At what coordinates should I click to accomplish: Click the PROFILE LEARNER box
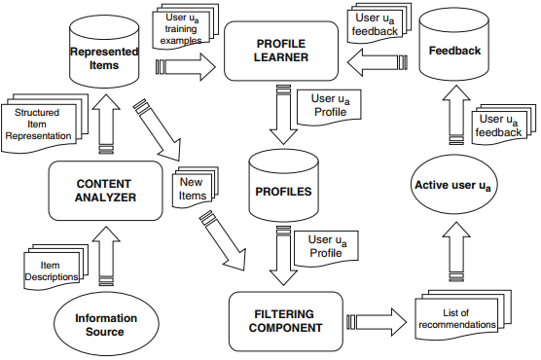281,52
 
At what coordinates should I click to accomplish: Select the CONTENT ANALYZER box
105,191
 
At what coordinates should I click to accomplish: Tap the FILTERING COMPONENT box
286,321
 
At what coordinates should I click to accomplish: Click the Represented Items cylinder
104,52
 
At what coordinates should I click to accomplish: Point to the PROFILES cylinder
283,185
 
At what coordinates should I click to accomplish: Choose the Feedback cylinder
454,45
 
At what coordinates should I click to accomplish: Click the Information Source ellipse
106,324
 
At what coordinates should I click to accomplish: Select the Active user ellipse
454,185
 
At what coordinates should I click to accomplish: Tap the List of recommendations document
462,315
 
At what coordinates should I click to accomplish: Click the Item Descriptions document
55,267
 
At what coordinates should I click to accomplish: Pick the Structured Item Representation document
44,123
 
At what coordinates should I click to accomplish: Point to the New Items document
195,188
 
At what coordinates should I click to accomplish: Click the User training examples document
185,27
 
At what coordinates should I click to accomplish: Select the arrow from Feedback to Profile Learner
378,62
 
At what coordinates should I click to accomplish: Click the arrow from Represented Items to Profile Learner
186,66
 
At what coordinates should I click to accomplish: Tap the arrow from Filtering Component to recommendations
377,322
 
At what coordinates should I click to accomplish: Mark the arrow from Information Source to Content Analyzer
106,256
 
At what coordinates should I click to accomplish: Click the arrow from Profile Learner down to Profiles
283,114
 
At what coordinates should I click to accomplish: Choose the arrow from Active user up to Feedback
456,115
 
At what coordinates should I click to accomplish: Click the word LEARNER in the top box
281,57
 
